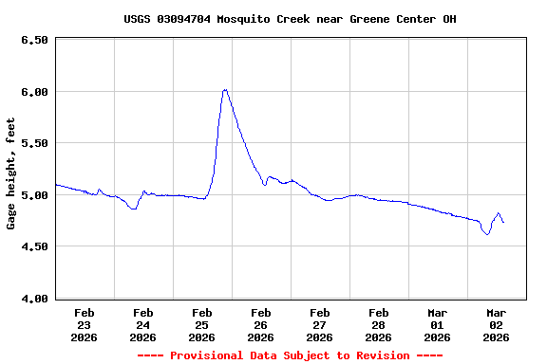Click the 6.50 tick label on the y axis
pos(33,40)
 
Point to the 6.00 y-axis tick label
pos(33,91)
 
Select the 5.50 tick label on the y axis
pos(33,143)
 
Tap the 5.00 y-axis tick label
pos(33,195)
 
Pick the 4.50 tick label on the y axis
pos(33,246)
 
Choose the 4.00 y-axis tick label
pos(33,299)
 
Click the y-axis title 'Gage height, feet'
pos(11,173)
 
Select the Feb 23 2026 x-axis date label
pos(85,324)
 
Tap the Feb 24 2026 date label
pos(143,324)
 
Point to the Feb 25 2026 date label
pos(202,324)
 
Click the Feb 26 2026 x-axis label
pos(261,324)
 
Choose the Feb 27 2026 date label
pos(320,324)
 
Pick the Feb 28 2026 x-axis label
pos(379,324)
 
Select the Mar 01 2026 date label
pos(438,324)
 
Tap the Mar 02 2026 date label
pos(497,324)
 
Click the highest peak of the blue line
pos(225,89)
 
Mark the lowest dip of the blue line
pos(487,234)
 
